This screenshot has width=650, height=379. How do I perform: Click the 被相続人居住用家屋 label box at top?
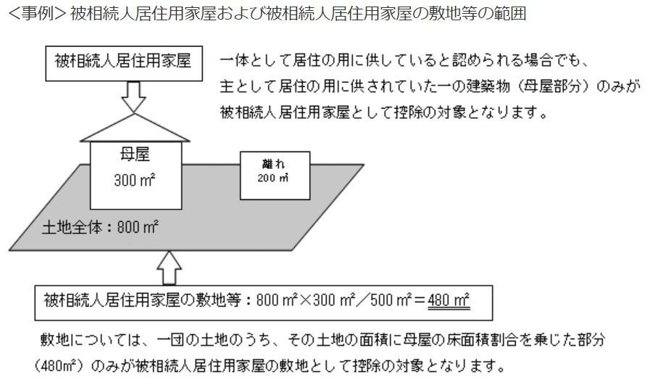(124, 64)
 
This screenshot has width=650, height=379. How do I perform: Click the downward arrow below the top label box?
(133, 96)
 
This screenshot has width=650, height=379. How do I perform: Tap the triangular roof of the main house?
(135, 128)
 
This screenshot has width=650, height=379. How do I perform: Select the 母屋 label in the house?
(135, 154)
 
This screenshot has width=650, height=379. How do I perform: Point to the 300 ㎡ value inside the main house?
(135, 180)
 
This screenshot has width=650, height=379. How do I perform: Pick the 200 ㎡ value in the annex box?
(272, 178)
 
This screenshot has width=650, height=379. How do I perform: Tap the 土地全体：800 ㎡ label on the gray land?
(100, 228)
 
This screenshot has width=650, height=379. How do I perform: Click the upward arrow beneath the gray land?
(169, 268)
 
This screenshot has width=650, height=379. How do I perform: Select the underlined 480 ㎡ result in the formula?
(449, 300)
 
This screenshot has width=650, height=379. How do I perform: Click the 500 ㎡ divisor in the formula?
(391, 300)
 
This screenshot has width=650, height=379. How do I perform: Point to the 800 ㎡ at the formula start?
(278, 300)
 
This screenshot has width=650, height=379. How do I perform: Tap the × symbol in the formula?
(306, 300)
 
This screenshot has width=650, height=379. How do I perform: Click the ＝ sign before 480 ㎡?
(420, 300)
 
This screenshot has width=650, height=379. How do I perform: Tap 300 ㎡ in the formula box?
(334, 300)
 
